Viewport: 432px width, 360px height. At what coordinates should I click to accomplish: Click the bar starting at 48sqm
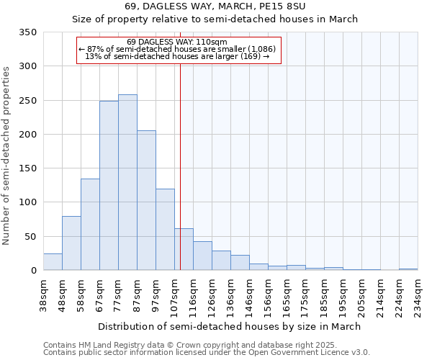(71, 243)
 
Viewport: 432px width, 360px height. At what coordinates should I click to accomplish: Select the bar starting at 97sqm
(165, 230)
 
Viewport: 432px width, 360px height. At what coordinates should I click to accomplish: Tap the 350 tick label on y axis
(28, 32)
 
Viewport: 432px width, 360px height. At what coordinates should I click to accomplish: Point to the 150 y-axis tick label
(28, 168)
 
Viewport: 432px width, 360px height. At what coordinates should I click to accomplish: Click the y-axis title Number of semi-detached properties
(7, 155)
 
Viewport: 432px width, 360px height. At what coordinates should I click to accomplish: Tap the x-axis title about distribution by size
(230, 326)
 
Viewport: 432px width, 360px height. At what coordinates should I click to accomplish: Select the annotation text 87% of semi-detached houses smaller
(177, 49)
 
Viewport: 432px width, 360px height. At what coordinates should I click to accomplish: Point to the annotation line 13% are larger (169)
(177, 56)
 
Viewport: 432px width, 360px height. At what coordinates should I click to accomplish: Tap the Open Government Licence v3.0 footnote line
(206, 353)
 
